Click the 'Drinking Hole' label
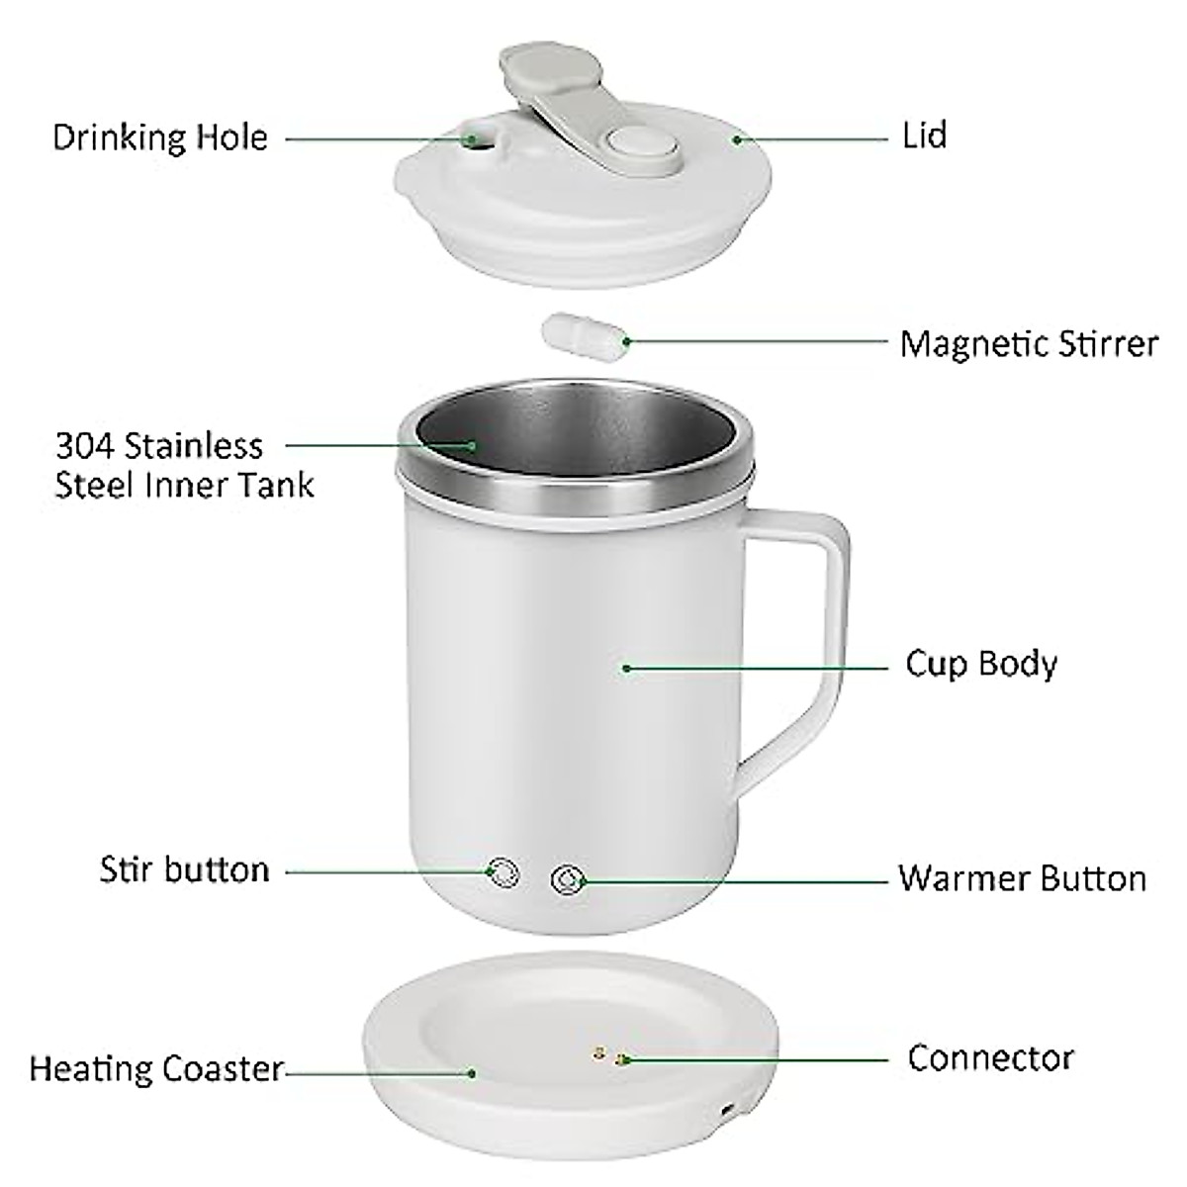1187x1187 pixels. pos(160,137)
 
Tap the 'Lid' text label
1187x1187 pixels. pos(925,136)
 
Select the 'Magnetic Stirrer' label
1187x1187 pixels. pos(1029,344)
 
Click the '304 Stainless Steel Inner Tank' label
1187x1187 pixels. pos(184,465)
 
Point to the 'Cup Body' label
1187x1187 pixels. pos(981,663)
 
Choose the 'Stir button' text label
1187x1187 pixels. pos(185,870)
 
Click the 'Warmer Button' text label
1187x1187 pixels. pos(1023,878)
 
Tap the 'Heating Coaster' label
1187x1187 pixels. pos(156,1069)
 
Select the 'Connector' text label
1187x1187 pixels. pos(990,1058)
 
